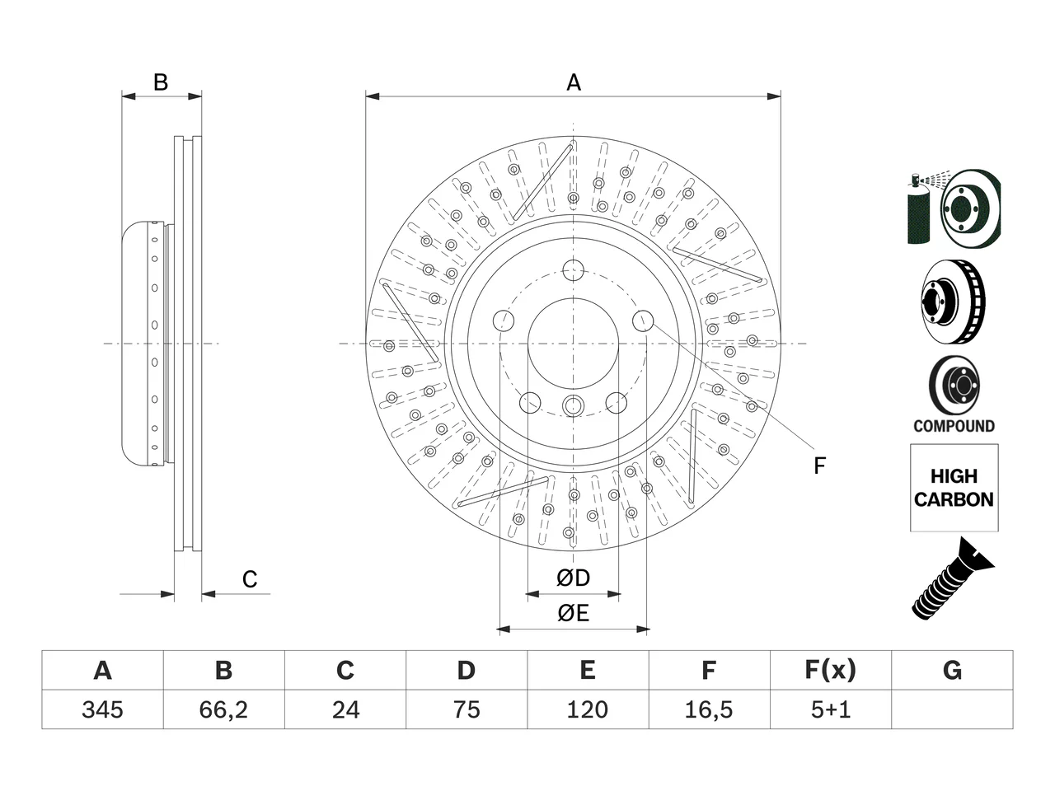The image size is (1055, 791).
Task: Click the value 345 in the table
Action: click(102, 709)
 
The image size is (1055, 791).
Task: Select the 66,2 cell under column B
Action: click(223, 709)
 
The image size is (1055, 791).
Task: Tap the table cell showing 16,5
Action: click(709, 709)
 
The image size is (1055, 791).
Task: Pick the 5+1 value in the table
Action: click(831, 709)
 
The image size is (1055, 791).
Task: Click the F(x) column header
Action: click(831, 670)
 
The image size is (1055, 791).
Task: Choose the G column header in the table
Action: click(952, 670)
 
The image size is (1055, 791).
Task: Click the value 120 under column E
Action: click(588, 709)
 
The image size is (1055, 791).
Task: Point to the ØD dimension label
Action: click(573, 578)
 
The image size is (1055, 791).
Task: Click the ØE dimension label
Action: click(573, 613)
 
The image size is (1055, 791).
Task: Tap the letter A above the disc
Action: click(574, 82)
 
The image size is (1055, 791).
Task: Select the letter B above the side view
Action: click(161, 82)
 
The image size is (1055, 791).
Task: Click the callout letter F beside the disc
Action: click(819, 466)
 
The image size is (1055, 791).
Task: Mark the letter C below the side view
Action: click(250, 579)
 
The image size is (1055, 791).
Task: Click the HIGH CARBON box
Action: click(954, 488)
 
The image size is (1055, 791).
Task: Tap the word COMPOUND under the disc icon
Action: click(954, 426)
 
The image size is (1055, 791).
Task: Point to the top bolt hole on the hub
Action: click(573, 270)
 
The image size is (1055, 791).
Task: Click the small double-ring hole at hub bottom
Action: click(573, 405)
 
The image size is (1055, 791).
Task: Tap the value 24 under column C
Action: click(345, 709)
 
